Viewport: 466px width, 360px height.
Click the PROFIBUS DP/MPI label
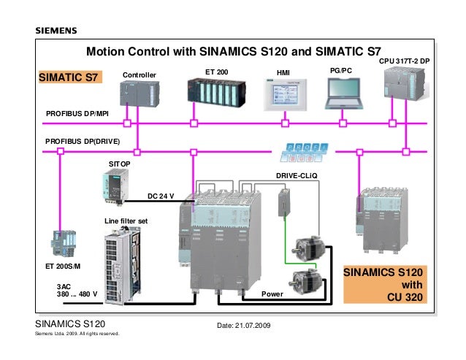coord(77,114)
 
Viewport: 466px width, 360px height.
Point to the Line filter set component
coord(126,258)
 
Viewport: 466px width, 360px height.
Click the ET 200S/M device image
coord(64,244)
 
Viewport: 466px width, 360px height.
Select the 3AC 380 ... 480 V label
coord(77,291)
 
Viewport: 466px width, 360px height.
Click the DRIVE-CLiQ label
coord(295,176)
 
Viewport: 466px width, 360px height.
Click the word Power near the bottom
coord(272,294)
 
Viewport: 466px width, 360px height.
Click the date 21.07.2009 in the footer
coord(243,324)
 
